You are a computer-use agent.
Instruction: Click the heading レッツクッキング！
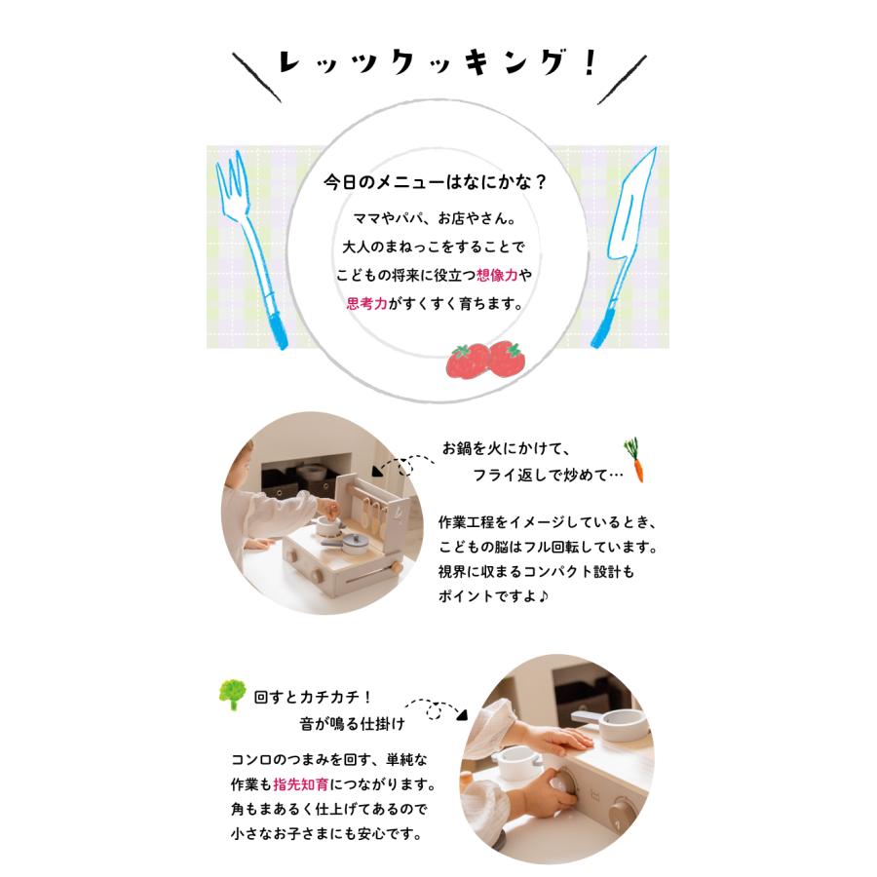click(437, 65)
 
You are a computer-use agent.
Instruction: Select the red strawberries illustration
click(485, 360)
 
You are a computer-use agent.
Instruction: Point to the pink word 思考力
click(366, 303)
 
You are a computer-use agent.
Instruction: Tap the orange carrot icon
click(636, 460)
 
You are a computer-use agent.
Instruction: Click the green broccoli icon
click(232, 695)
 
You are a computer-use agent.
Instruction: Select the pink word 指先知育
click(301, 784)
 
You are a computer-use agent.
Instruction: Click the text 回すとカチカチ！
click(314, 698)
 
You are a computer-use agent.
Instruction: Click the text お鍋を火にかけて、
click(506, 449)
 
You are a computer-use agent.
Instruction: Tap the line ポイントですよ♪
click(497, 596)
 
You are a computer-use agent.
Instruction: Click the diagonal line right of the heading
click(623, 78)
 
